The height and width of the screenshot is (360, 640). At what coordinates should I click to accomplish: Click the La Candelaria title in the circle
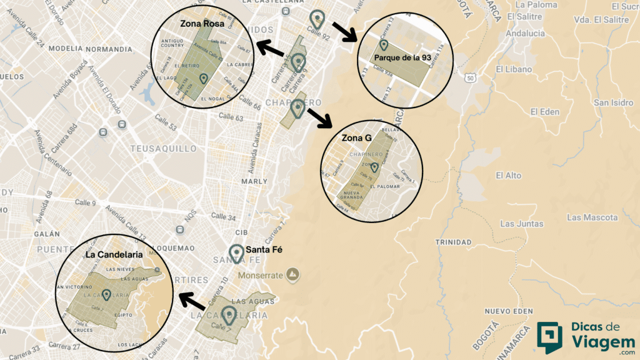114,255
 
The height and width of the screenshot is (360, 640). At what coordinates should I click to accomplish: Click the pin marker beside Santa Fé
236,253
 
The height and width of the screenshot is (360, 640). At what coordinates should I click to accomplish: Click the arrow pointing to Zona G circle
320,117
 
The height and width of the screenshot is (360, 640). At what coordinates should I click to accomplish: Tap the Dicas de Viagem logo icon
549,338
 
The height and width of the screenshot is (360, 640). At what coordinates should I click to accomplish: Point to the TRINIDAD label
453,242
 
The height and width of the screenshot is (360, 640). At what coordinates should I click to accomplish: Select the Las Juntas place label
521,224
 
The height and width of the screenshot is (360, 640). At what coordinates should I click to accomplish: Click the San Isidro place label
613,102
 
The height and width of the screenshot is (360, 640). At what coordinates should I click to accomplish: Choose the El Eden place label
544,112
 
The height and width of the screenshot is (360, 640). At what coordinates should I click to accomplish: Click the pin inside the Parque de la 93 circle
384,45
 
